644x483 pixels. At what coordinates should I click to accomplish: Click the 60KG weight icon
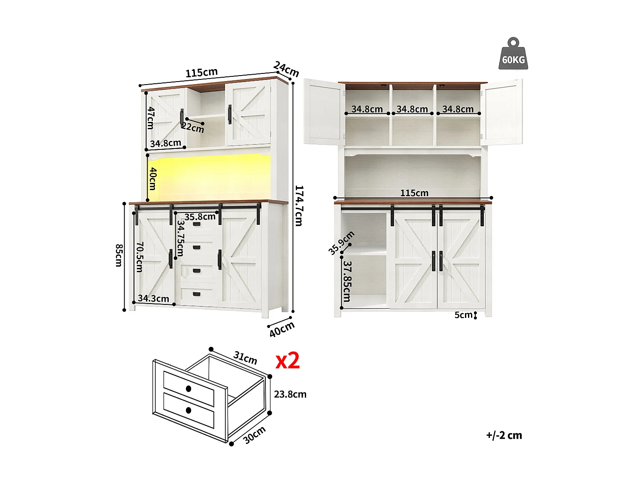(513, 55)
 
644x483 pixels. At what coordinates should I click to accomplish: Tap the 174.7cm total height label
(299, 206)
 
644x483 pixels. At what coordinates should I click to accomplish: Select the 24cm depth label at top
(286, 69)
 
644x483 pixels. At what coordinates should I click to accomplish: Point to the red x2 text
(287, 361)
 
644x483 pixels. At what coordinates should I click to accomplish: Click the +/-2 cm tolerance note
(504, 435)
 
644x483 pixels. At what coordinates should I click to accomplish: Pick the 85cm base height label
(119, 255)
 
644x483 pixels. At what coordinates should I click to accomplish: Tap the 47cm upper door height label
(151, 118)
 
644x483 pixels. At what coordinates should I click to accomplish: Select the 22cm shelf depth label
(193, 127)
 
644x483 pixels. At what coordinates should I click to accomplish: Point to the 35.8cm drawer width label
(200, 217)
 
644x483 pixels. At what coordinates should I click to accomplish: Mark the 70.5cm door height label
(140, 257)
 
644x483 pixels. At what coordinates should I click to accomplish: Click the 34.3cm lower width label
(153, 298)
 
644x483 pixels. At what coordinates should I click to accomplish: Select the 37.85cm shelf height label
(347, 281)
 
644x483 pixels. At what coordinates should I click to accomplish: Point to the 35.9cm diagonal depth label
(341, 243)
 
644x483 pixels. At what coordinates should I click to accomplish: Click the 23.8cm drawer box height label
(290, 394)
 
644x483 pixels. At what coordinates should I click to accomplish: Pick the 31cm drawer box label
(245, 358)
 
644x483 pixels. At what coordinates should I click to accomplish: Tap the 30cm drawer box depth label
(255, 435)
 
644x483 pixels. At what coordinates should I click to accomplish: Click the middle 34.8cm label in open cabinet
(412, 109)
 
